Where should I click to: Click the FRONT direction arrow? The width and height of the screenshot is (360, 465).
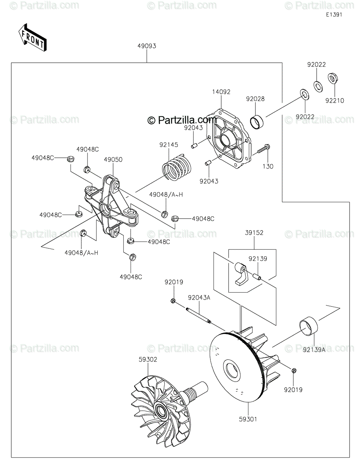click(x=32, y=38)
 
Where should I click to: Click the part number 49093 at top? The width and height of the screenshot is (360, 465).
click(x=146, y=46)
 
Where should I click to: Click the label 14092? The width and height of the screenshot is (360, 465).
click(x=221, y=92)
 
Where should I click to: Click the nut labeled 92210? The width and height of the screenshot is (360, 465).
click(x=332, y=79)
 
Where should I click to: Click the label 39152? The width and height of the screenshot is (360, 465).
click(x=254, y=233)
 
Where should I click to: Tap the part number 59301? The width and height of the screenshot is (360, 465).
click(x=248, y=419)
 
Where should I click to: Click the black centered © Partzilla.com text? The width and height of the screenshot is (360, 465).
click(x=182, y=121)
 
